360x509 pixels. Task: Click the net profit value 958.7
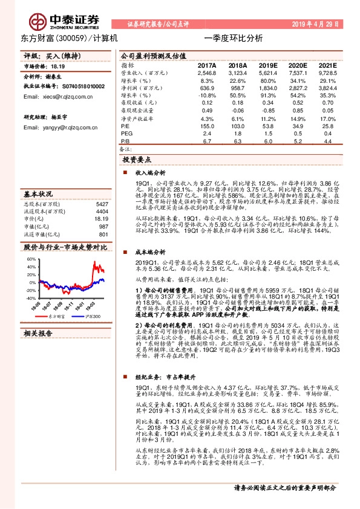tap(238, 88)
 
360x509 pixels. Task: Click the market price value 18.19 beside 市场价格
tap(58, 67)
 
